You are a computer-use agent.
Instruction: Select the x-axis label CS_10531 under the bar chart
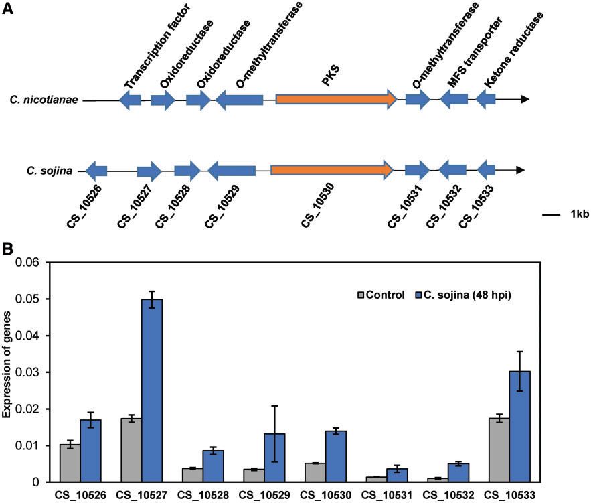point(384,495)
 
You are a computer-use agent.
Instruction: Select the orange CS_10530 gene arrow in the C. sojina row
point(331,171)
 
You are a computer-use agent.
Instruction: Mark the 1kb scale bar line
point(550,214)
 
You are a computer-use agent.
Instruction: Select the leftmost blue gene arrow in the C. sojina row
point(96,171)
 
